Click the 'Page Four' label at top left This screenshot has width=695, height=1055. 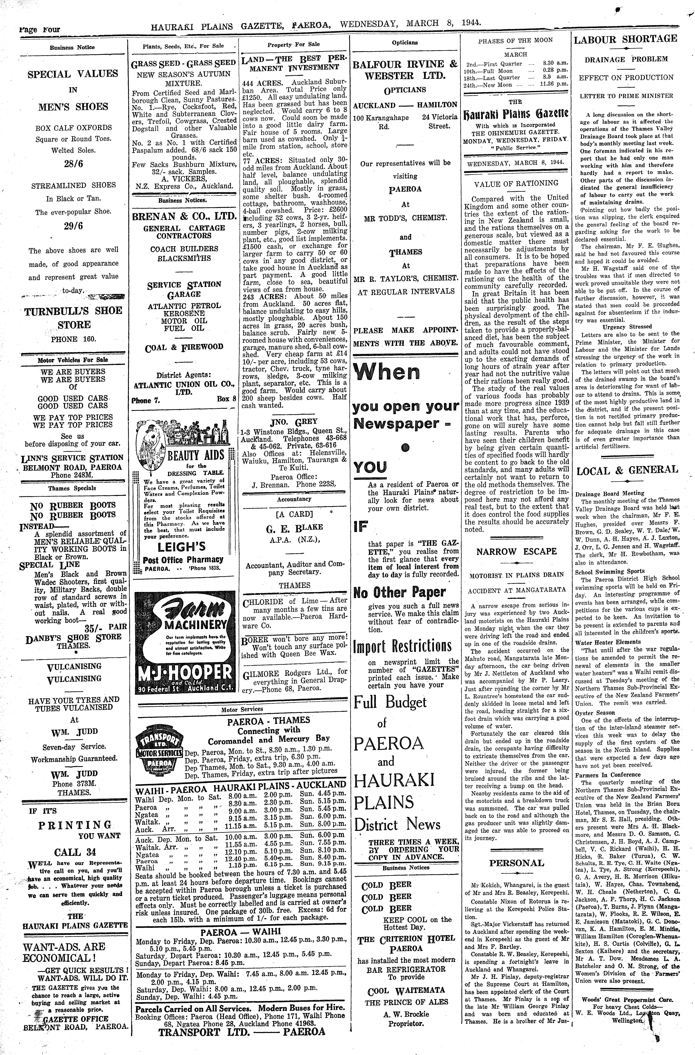click(x=40, y=30)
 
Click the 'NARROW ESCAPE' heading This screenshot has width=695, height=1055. click(x=516, y=551)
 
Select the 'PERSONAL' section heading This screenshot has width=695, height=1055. click(x=516, y=863)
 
